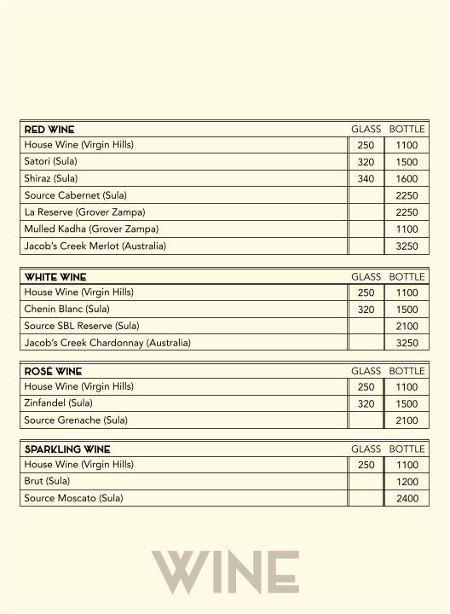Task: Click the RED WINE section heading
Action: click(49, 129)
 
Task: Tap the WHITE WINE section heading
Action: click(55, 277)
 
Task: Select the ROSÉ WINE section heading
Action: click(52, 371)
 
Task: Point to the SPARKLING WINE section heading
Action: click(67, 449)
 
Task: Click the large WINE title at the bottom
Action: click(225, 572)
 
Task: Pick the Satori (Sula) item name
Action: click(50, 162)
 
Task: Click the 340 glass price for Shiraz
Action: click(366, 179)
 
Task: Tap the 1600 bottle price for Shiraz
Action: click(407, 179)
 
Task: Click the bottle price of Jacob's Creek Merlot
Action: click(407, 246)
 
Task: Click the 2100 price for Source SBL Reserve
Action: click(407, 327)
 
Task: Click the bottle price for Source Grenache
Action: click(407, 420)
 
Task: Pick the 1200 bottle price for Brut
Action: click(407, 482)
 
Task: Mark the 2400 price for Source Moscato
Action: click(407, 499)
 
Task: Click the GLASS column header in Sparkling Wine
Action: click(366, 449)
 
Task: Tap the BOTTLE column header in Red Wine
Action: click(407, 129)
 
